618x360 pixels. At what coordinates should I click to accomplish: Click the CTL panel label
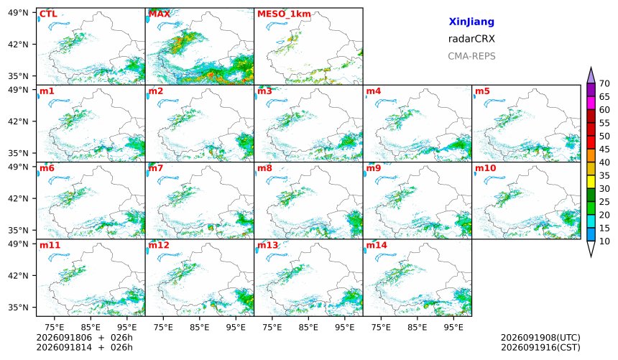(x=48, y=14)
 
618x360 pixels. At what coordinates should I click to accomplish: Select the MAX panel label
(x=160, y=14)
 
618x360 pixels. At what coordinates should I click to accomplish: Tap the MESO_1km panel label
(x=284, y=14)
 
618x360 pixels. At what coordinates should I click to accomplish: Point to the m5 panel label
(x=482, y=91)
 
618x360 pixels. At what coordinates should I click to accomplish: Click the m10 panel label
(x=485, y=168)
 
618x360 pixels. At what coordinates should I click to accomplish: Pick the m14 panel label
(x=377, y=245)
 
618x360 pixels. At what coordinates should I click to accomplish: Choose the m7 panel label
(x=155, y=168)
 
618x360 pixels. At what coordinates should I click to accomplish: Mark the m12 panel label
(x=159, y=245)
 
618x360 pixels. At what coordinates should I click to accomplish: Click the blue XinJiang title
(x=471, y=22)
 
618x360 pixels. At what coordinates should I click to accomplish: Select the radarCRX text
(x=471, y=39)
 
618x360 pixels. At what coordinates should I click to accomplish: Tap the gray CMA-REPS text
(x=471, y=56)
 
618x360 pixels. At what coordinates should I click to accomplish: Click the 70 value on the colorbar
(x=604, y=83)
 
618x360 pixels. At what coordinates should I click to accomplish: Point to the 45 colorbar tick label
(x=604, y=149)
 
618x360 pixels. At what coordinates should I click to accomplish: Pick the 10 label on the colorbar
(x=604, y=241)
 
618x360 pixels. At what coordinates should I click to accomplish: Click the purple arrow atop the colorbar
(x=591, y=75)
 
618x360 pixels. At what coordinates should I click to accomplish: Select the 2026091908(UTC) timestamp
(x=540, y=338)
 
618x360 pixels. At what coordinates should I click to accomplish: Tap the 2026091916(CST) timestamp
(x=540, y=347)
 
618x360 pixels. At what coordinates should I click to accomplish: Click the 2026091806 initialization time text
(x=64, y=338)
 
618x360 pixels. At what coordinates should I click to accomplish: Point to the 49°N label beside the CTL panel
(x=18, y=13)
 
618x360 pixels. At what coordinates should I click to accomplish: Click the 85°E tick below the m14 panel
(x=417, y=327)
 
